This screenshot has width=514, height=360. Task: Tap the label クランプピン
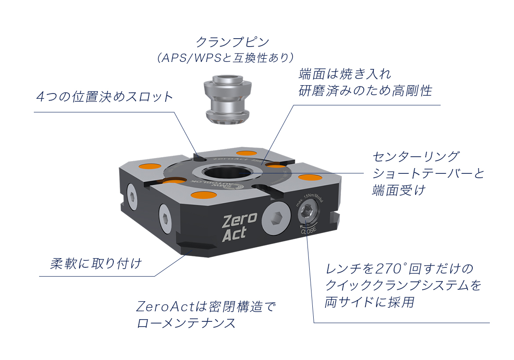click(232, 42)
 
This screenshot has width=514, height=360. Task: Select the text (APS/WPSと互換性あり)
click(225, 58)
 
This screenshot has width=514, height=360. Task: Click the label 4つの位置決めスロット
click(105, 97)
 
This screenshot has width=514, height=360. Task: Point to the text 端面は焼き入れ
click(345, 73)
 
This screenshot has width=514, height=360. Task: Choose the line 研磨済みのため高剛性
click(365, 91)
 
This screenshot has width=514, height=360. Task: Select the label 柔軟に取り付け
click(96, 264)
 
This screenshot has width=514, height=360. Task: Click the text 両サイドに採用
click(369, 302)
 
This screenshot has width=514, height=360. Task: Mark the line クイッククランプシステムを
click(403, 285)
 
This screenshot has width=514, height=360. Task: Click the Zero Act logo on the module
click(239, 227)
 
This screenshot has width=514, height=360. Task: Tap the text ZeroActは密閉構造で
click(206, 306)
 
